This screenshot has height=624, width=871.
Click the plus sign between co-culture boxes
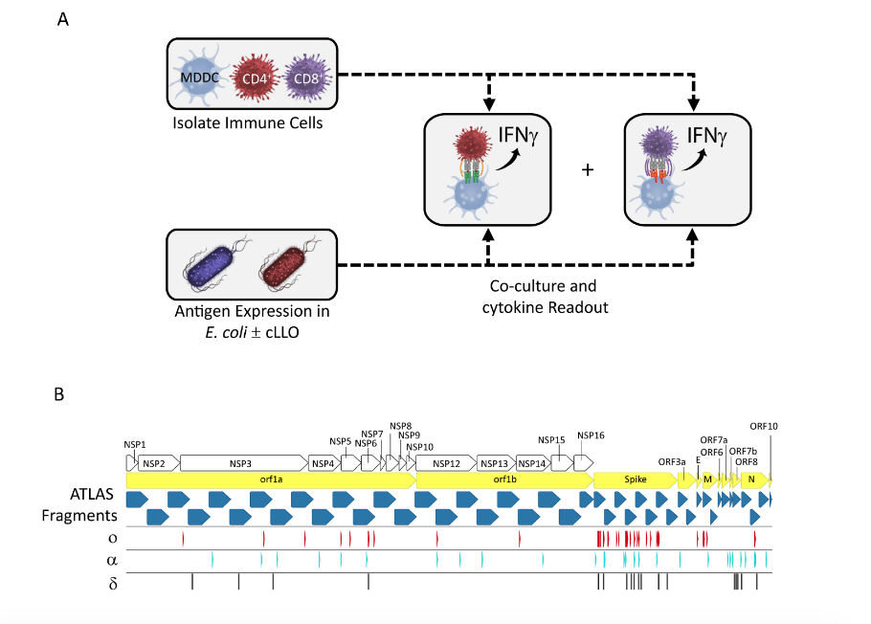[588, 169]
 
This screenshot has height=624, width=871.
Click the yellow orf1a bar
[270, 479]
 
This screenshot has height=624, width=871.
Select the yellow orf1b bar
[503, 479]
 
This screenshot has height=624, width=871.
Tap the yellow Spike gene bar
[635, 479]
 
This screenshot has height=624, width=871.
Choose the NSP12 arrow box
[446, 463]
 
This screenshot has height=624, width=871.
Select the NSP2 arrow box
[157, 463]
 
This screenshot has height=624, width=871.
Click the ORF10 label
[764, 426]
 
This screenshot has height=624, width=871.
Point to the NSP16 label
[591, 435]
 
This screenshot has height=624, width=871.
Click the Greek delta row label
[113, 582]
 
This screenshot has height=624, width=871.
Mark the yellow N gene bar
[753, 479]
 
